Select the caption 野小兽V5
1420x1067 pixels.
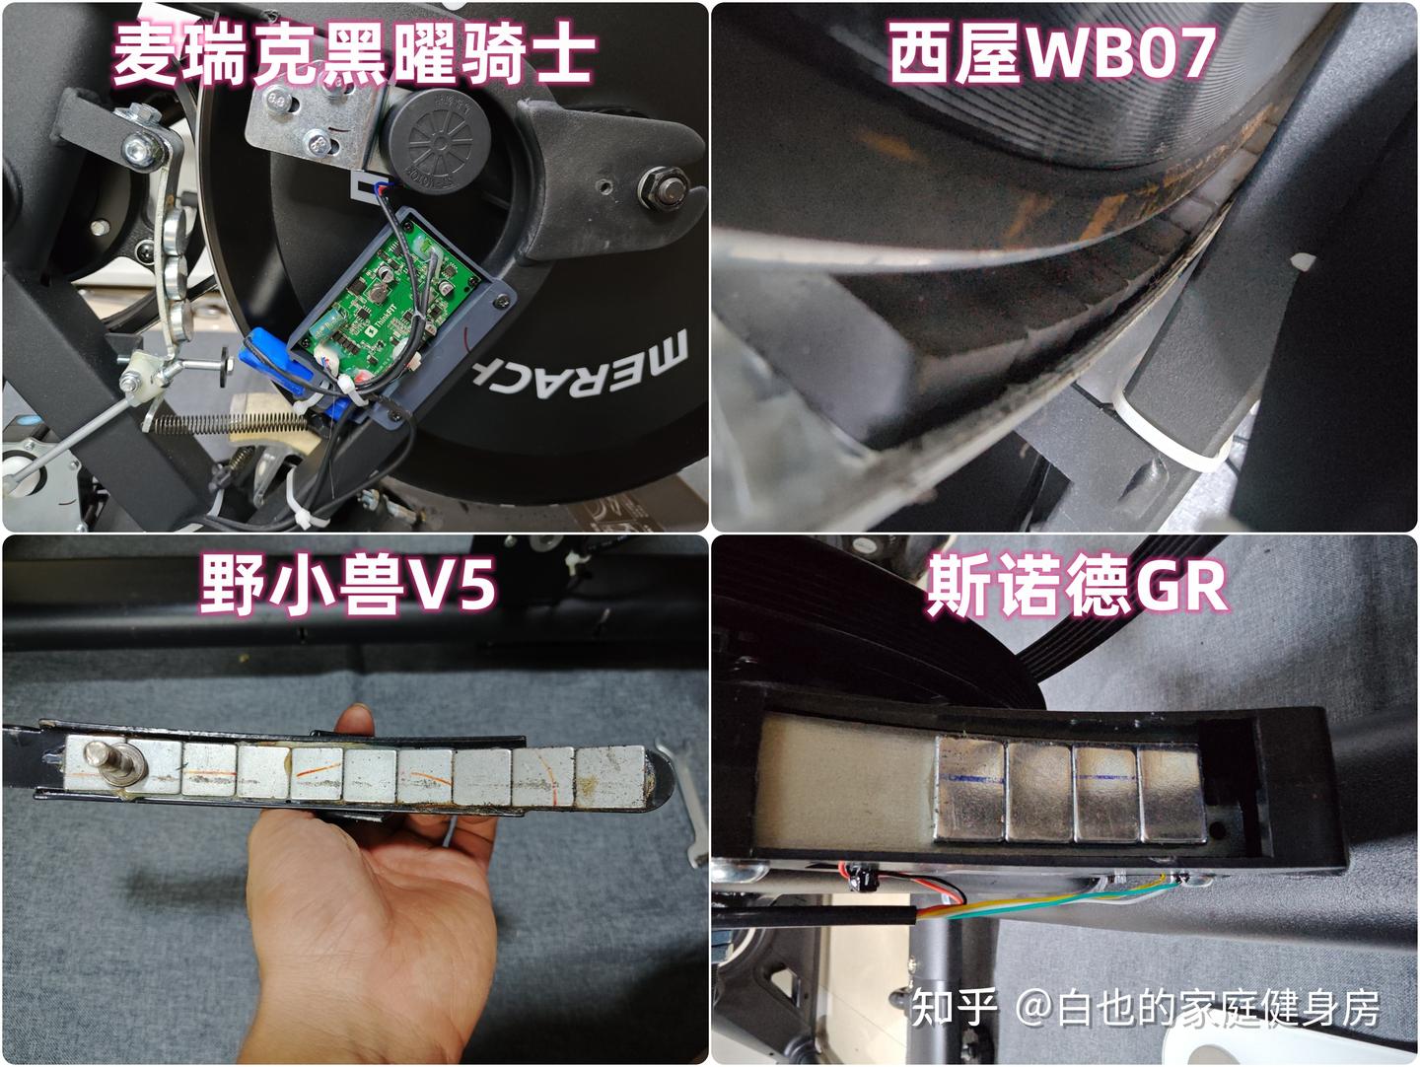tap(348, 585)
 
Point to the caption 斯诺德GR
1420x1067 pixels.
tap(1078, 585)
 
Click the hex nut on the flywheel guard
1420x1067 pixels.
tap(664, 187)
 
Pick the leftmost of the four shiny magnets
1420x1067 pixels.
tap(969, 789)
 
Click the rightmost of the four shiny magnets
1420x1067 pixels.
tap(1172, 795)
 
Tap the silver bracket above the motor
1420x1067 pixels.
tap(311, 124)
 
